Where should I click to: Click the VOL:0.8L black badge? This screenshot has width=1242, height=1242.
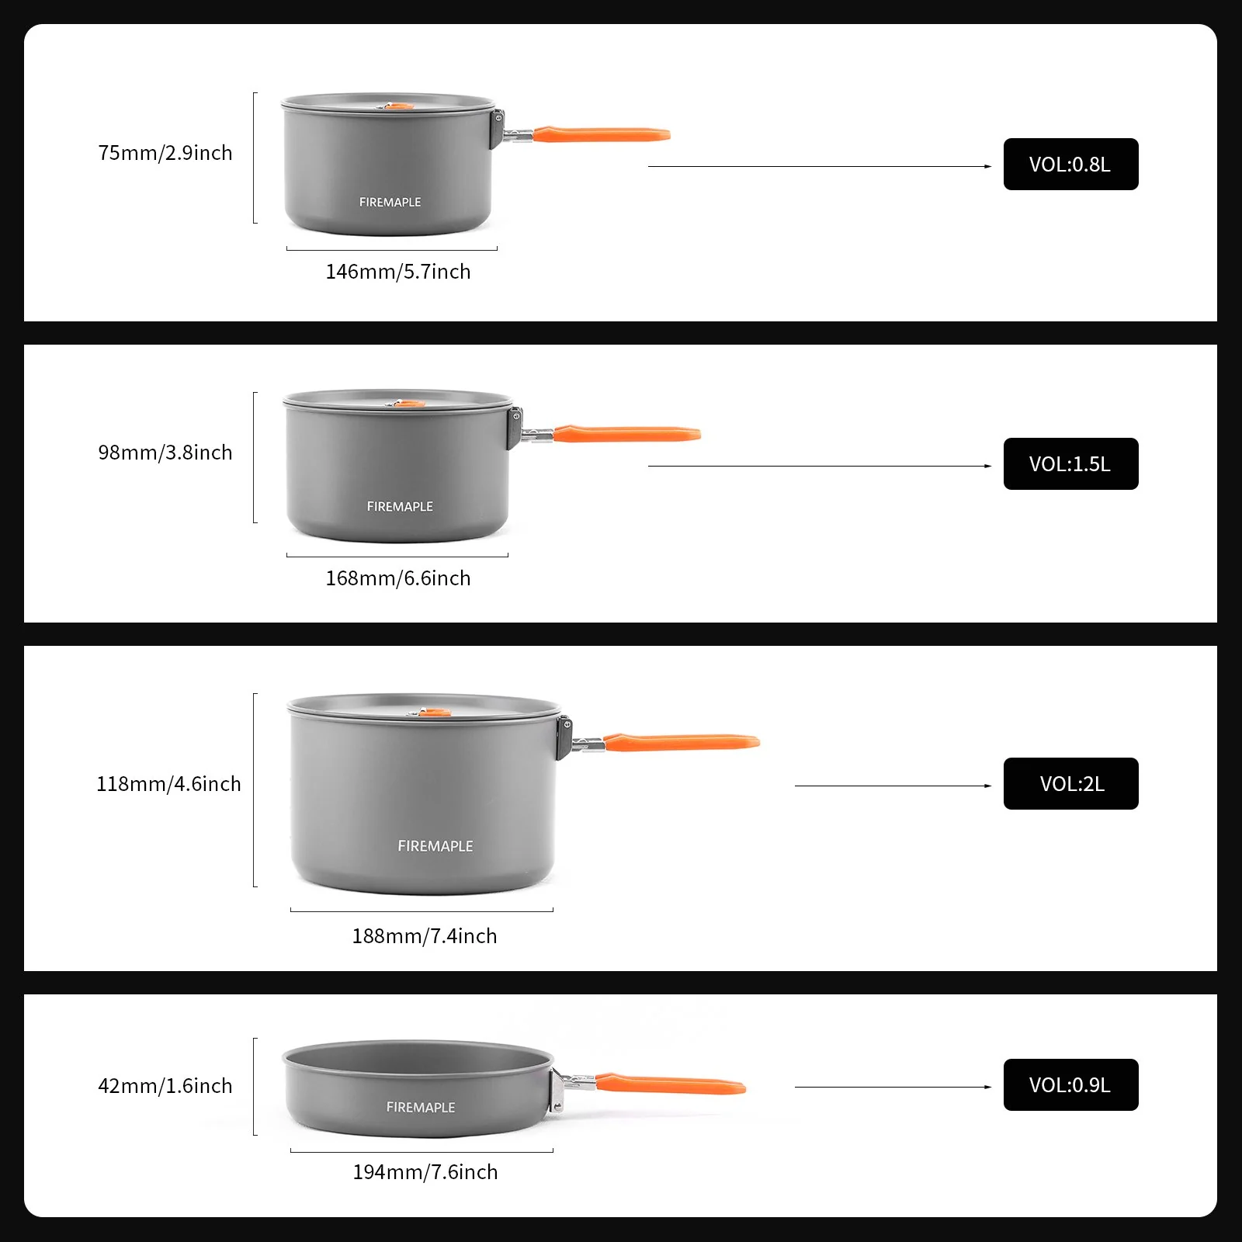pos(1070,165)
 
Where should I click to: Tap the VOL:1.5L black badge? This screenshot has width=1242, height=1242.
pos(1070,464)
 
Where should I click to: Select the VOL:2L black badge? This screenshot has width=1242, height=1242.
pos(1070,784)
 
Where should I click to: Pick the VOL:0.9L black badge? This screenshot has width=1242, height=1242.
pos(1070,1085)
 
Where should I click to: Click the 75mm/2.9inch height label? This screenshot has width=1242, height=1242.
pos(165,153)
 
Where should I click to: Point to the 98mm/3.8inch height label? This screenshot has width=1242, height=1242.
pos(165,453)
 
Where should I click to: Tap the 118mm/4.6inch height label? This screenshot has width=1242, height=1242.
pos(168,784)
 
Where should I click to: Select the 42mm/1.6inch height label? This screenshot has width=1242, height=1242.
pos(165,1086)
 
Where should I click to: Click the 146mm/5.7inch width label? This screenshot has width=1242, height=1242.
pos(398,272)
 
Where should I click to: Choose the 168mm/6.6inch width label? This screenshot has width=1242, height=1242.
pos(398,578)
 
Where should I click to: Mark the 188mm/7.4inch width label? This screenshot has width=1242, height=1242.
pos(425,936)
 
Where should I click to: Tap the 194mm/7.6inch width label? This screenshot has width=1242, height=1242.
pos(425,1172)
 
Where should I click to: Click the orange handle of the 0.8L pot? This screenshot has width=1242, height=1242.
pos(602,134)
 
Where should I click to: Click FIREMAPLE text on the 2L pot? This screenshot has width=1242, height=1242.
pos(435,846)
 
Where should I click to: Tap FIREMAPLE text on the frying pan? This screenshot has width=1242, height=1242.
pos(421,1108)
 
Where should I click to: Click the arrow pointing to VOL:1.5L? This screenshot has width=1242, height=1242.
pos(819,466)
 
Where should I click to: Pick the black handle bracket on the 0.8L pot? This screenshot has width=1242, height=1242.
pos(497,130)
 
